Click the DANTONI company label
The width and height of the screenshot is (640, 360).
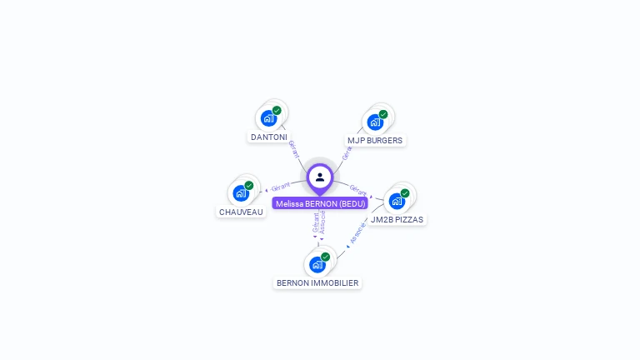click(x=268, y=137)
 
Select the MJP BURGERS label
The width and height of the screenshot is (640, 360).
click(x=375, y=141)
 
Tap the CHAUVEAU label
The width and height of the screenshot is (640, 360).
click(x=241, y=212)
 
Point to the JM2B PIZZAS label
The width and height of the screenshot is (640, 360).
click(x=397, y=220)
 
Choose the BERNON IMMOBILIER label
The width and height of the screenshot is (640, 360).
click(x=317, y=283)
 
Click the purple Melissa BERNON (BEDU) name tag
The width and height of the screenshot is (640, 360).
click(x=319, y=203)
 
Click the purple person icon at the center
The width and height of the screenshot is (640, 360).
click(x=320, y=177)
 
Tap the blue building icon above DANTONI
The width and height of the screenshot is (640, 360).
click(x=267, y=118)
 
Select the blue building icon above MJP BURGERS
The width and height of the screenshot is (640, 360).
click(x=375, y=122)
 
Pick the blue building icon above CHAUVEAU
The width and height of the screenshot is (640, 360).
click(x=240, y=193)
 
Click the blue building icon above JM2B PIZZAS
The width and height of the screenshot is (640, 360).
click(x=397, y=201)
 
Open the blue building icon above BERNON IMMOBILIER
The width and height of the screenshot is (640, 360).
click(x=317, y=265)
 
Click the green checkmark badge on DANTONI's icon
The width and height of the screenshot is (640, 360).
click(x=277, y=111)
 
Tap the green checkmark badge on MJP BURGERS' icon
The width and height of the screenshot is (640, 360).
click(x=383, y=114)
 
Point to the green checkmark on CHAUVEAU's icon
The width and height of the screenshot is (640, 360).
click(x=248, y=186)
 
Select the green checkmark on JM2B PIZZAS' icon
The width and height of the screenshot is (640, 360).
click(x=405, y=193)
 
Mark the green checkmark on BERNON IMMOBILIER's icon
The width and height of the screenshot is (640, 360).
click(x=325, y=257)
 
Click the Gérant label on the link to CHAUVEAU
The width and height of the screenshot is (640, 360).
click(x=281, y=187)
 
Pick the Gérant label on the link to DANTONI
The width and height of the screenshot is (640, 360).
click(x=293, y=149)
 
